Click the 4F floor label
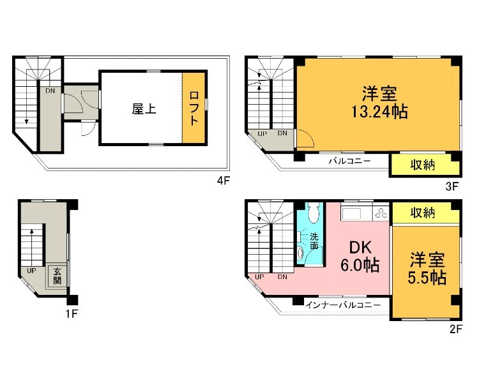click(223, 181)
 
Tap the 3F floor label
click(452, 186)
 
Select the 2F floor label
click(456, 329)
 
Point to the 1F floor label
click(72, 313)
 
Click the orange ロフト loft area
click(194, 107)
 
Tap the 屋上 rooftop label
click(144, 109)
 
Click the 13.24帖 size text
click(379, 112)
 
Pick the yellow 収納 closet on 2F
click(426, 213)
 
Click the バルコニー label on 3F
click(349, 161)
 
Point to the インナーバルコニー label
click(343, 304)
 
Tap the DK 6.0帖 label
click(360, 257)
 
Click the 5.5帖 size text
click(427, 278)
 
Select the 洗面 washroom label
click(314, 241)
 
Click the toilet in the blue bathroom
click(313, 213)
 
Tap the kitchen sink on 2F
click(351, 213)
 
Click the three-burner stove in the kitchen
click(381, 213)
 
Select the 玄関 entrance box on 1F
click(57, 276)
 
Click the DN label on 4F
click(50, 91)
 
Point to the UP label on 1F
click(31, 271)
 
